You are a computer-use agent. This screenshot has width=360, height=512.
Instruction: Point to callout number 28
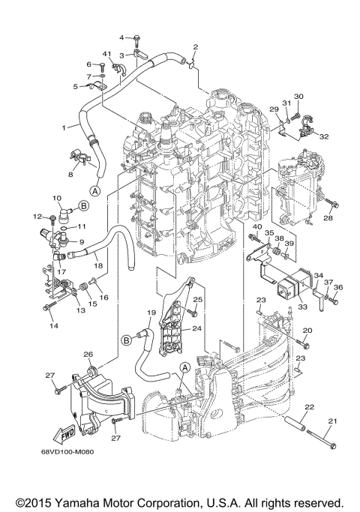pos(328,219)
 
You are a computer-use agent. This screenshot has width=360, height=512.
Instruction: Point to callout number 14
pos(53,327)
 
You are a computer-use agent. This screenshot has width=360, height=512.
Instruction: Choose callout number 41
pos(107,55)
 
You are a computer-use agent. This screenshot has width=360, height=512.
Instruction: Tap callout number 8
pos(71,174)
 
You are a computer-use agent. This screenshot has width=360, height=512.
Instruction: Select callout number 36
pos(338,287)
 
